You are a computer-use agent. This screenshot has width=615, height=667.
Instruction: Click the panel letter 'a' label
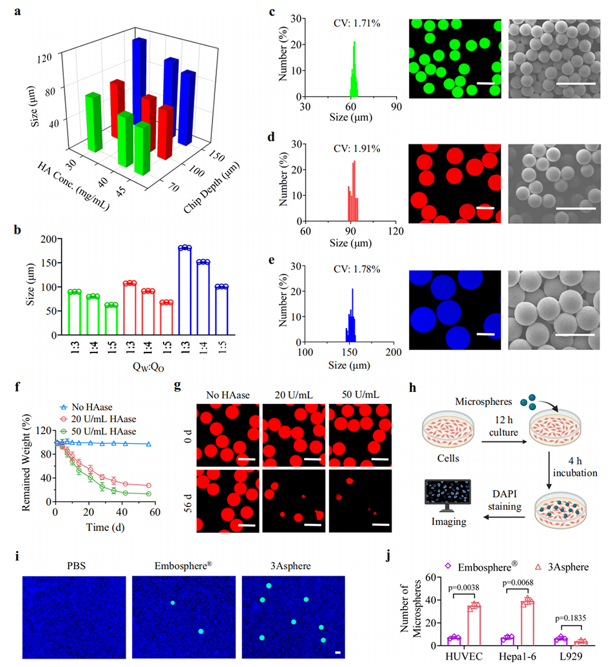click(x=28, y=9)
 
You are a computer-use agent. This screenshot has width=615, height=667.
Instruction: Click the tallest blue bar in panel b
click(x=185, y=291)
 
